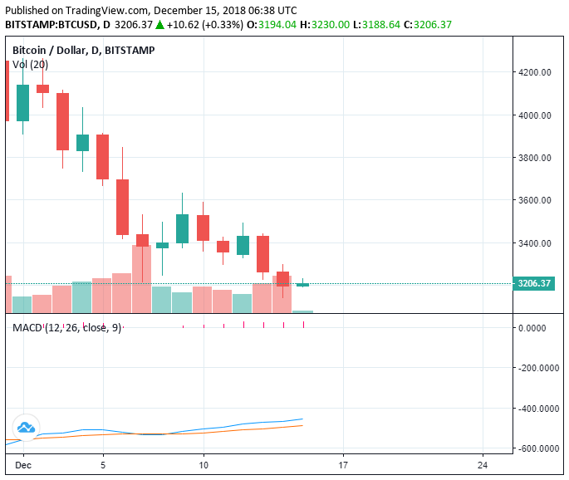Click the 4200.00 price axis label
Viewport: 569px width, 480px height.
(535, 72)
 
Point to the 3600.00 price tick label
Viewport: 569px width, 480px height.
(535, 200)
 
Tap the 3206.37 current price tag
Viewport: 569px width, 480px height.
(534, 283)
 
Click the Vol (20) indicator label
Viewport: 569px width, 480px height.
(30, 65)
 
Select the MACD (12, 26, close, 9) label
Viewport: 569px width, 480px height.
(66, 328)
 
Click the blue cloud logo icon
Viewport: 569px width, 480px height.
(25, 428)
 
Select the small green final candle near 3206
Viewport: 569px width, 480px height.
(302, 285)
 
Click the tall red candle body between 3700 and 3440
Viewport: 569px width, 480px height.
(123, 207)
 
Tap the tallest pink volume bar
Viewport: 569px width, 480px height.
(142, 278)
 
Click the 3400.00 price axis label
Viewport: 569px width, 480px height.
(535, 243)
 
